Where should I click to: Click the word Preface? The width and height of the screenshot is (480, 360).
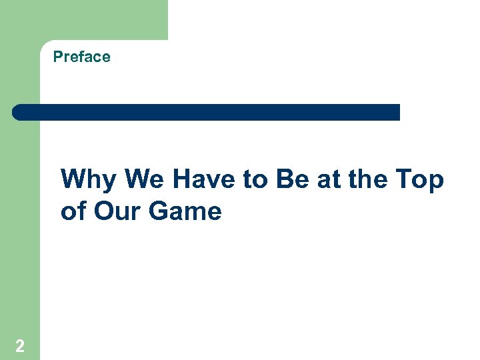pyautogui.click(x=81, y=57)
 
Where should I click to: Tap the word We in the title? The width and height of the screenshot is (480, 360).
pyautogui.click(x=145, y=180)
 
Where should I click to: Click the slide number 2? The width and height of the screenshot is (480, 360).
pyautogui.click(x=20, y=345)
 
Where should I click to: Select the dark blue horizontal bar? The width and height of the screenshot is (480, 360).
pyautogui.click(x=206, y=112)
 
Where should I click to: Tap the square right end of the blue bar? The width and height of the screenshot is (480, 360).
pyautogui.click(x=396, y=112)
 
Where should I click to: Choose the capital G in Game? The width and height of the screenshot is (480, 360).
pyautogui.click(x=159, y=211)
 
